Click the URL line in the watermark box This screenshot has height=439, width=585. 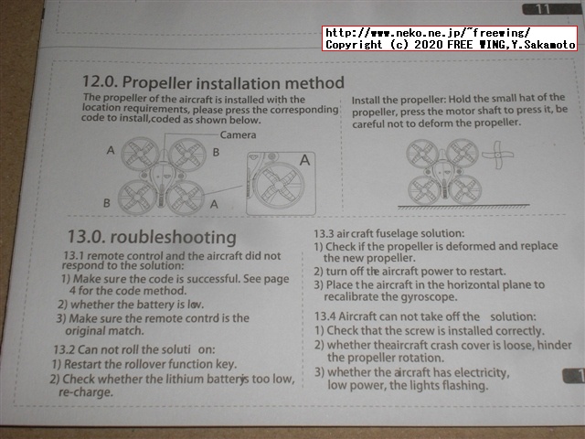click(x=427, y=33)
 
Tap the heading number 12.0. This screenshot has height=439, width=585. click(x=100, y=81)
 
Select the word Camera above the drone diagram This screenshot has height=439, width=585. click(x=238, y=134)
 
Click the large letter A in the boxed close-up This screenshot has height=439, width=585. click(x=304, y=160)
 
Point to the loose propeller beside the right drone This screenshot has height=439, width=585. click(x=497, y=155)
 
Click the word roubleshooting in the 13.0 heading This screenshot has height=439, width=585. click(x=174, y=238)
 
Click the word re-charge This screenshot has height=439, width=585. click(x=86, y=392)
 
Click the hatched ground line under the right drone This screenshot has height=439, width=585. click(x=463, y=206)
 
